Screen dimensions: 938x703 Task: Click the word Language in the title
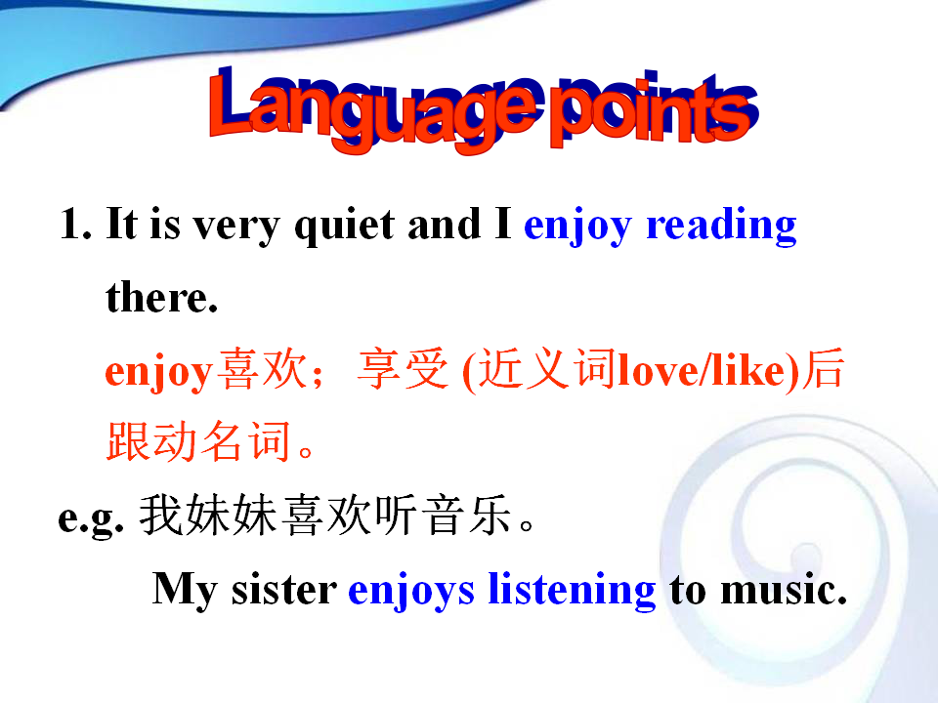point(372,108)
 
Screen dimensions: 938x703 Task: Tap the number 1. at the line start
point(75,225)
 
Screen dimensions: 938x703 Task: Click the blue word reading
point(721,226)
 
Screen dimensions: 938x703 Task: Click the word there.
point(161,297)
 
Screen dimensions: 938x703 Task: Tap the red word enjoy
point(158,372)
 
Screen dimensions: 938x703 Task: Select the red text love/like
point(708,371)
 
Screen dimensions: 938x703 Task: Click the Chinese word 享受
point(403,369)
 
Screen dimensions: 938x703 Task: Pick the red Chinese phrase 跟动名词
point(198,441)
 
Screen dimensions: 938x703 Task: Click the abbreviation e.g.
point(91,517)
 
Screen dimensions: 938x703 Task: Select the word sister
point(284,590)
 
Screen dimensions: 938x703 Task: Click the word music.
point(784,590)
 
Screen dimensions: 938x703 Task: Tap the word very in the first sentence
point(236,227)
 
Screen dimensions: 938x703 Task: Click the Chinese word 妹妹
point(231,516)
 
